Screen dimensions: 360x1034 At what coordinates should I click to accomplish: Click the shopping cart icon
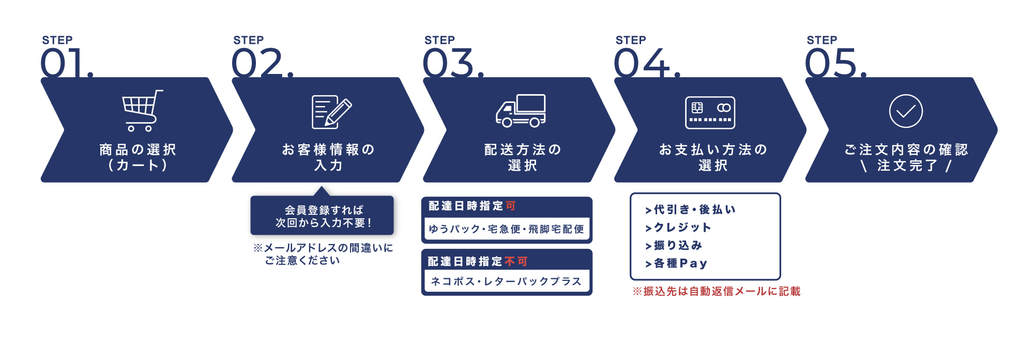(141, 111)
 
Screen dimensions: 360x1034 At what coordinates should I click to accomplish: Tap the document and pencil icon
(331, 112)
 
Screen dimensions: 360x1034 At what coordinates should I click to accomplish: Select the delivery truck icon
(521, 111)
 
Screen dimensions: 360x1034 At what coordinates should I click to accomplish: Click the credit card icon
(710, 112)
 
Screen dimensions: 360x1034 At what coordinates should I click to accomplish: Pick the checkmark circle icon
(905, 111)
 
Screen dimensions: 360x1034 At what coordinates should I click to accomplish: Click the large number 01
(65, 64)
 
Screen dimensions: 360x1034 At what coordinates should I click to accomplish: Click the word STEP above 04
(631, 40)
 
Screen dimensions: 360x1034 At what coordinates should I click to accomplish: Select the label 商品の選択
(138, 150)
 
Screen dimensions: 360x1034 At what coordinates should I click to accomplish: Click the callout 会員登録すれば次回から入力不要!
(322, 216)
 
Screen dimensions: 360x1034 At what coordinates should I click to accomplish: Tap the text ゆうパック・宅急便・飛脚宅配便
(506, 229)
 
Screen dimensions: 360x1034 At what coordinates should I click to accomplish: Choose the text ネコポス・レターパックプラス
(506, 281)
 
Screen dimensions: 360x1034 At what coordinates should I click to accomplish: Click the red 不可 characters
(516, 262)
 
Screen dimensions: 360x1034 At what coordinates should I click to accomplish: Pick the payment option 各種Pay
(680, 263)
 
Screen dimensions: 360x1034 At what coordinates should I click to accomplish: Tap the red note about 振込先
(716, 291)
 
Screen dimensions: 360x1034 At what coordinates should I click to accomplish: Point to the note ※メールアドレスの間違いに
(323, 248)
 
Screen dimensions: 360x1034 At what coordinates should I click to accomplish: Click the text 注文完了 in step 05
(907, 166)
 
